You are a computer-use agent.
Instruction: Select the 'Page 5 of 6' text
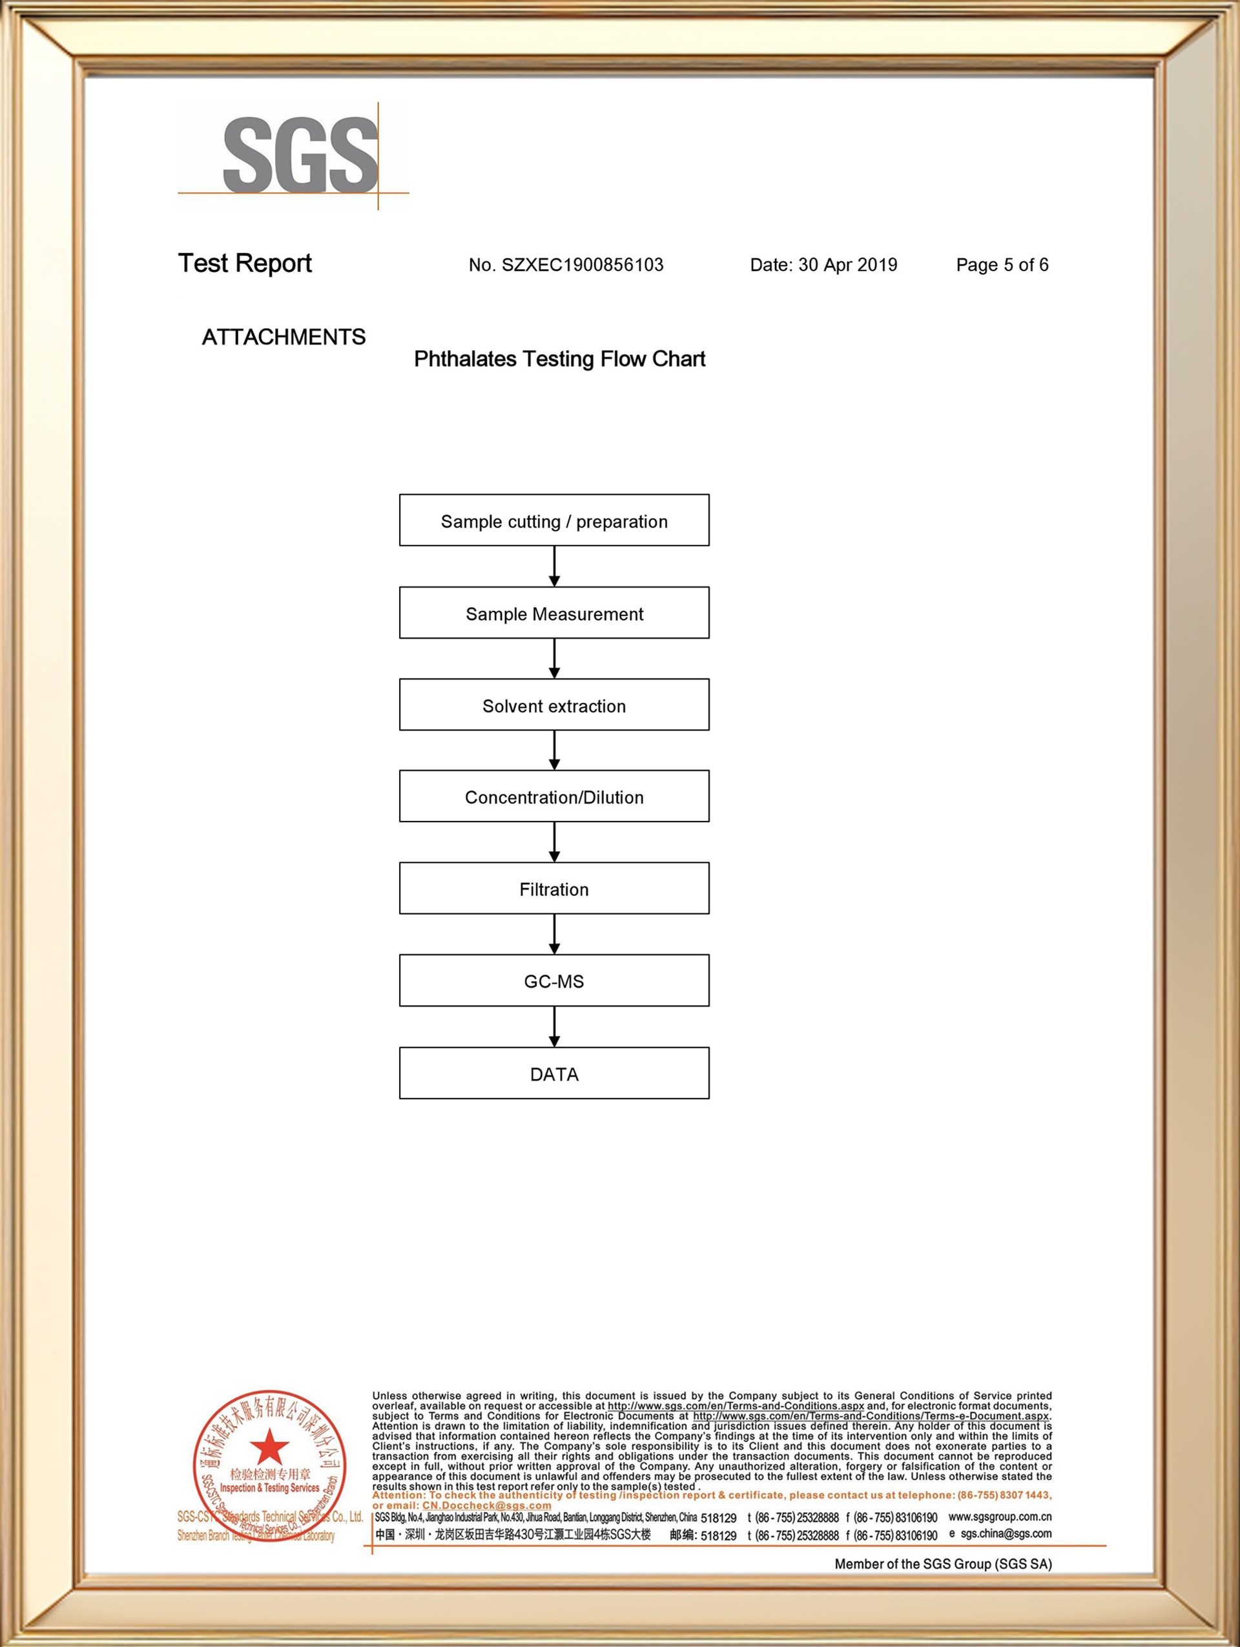point(1002,265)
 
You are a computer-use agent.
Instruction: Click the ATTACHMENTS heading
point(284,337)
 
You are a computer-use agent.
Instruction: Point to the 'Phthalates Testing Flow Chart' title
point(559,359)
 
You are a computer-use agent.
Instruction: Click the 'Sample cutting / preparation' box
point(553,521)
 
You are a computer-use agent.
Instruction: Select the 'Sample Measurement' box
point(553,613)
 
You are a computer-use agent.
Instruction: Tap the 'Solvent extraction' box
point(553,705)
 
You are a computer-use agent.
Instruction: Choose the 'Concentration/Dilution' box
point(553,796)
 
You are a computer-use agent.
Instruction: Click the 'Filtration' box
point(553,888)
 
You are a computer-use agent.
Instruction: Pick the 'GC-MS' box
point(553,980)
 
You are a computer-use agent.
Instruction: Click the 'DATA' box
point(553,1073)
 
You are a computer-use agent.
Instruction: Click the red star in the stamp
point(269,1448)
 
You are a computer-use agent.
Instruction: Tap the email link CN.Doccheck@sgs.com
point(487,1505)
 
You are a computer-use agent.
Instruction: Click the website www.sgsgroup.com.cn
point(1000,1517)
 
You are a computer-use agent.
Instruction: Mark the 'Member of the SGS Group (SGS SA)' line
point(942,1564)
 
